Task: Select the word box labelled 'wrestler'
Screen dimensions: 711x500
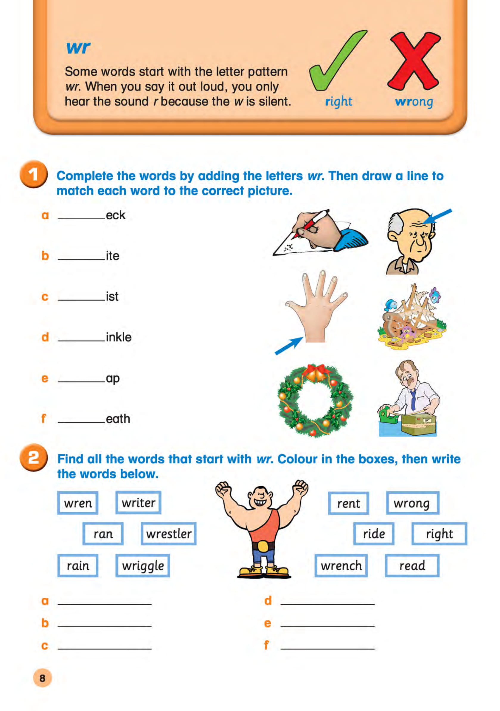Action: point(168,534)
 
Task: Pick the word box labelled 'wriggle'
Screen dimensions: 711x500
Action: point(142,566)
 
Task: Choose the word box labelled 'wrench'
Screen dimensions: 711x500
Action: point(341,566)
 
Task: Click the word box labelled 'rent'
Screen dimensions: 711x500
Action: point(348,503)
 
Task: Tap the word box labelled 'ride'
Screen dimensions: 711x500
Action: point(374,534)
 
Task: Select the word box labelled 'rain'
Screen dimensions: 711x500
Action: point(78,566)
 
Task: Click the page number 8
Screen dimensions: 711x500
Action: point(42,678)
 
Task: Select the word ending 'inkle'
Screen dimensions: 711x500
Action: point(119,337)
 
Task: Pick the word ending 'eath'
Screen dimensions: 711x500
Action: point(118,419)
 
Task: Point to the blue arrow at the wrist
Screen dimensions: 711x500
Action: point(288,346)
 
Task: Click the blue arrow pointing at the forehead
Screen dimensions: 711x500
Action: point(437,216)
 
